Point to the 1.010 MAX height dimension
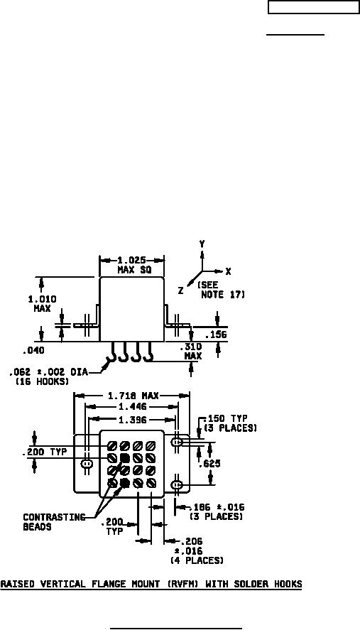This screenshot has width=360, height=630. coord(42,304)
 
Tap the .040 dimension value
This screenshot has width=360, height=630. coord(33,351)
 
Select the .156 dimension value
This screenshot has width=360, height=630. coord(216,335)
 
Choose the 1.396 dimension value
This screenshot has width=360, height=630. coord(131,420)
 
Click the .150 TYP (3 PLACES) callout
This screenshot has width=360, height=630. coord(230,423)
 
